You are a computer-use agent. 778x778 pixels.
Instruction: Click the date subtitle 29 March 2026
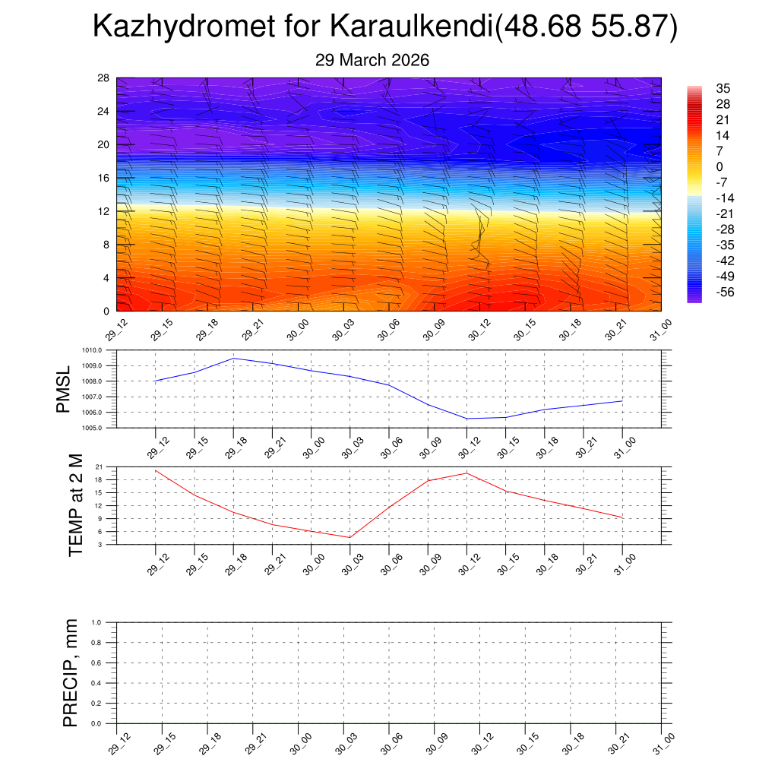pyautogui.click(x=372, y=60)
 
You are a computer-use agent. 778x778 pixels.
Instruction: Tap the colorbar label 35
pyautogui.click(x=723, y=88)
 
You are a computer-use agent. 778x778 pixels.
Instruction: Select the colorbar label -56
pyautogui.click(x=724, y=292)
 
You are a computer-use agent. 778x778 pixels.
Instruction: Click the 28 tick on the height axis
pyautogui.click(x=104, y=78)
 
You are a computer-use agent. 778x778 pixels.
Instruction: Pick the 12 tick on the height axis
pyautogui.click(x=104, y=211)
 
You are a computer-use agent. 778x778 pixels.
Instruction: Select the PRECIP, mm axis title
pyautogui.click(x=70, y=673)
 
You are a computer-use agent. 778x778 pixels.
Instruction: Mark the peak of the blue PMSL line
pyautogui.click(x=233, y=358)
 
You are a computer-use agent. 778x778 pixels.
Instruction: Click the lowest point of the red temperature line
pyautogui.click(x=349, y=537)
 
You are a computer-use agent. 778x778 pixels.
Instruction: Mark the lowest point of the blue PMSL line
pyautogui.click(x=466, y=419)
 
